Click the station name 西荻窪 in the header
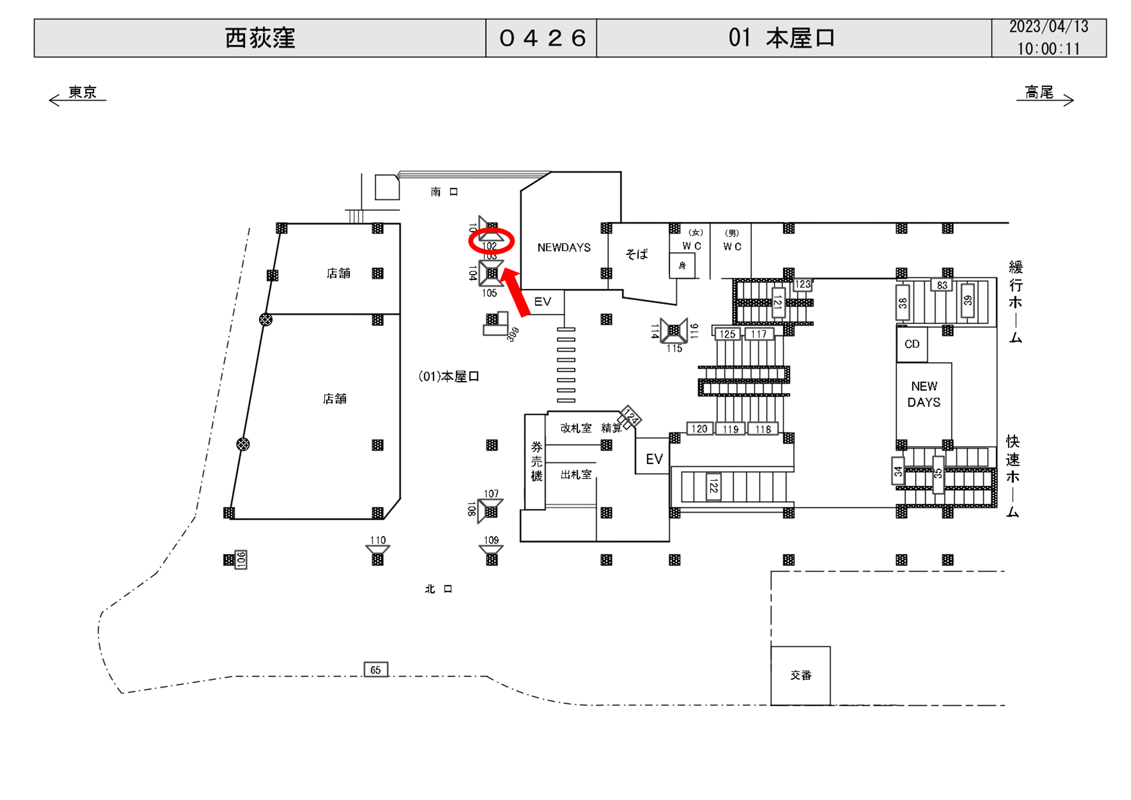coord(260,38)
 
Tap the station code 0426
coord(542,38)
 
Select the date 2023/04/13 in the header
coord(1048,27)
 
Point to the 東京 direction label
coord(82,92)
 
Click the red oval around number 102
coord(491,241)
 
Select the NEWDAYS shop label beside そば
coord(564,247)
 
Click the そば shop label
coord(637,254)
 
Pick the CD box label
coord(912,344)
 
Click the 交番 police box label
coord(801,675)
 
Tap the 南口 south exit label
coord(444,192)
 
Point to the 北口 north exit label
coord(438,589)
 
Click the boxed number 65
coord(375,670)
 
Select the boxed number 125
coord(727,334)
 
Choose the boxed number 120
coord(699,428)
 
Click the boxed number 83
coord(942,285)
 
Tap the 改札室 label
coord(575,428)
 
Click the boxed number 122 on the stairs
coord(713,487)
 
